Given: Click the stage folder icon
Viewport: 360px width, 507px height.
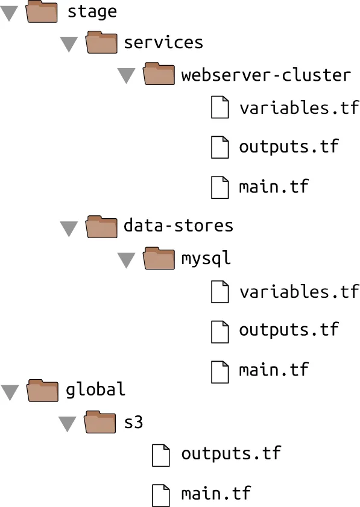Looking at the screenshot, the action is (42, 11).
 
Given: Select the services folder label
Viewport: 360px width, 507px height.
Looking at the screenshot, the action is (163, 43).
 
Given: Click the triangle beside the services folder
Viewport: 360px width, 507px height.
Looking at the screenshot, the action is (69, 44).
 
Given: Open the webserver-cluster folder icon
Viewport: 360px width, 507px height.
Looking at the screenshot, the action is (159, 74).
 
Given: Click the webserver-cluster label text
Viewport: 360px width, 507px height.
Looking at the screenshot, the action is (266, 75).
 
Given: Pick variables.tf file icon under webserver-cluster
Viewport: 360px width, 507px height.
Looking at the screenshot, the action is (220, 107).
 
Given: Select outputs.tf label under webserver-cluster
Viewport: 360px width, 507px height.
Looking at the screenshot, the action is (289, 146).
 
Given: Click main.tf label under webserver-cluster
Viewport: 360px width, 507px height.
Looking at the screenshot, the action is (274, 186).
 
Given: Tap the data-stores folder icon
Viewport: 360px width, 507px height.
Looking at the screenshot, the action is (101, 227).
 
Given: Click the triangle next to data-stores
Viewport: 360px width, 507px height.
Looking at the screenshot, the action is (69, 228).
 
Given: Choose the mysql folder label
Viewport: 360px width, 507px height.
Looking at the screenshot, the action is (206, 259).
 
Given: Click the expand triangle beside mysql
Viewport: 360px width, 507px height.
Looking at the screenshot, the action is (126, 260).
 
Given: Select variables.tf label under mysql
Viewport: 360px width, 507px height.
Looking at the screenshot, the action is (299, 291).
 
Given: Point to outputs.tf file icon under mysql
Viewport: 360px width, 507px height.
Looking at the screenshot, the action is (220, 332).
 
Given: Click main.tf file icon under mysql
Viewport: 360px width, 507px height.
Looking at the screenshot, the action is (220, 372).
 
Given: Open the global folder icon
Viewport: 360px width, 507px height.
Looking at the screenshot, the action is (42, 391).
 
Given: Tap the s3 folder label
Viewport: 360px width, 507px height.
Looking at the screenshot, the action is (134, 422).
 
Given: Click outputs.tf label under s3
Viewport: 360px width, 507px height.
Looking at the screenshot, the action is (231, 453).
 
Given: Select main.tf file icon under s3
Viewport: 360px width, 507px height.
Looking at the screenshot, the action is (161, 496).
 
